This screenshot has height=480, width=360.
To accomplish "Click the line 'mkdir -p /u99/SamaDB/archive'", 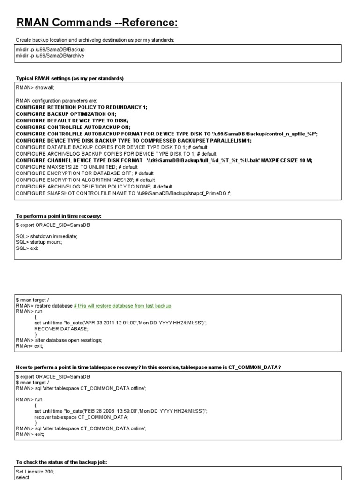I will click(x=51, y=56).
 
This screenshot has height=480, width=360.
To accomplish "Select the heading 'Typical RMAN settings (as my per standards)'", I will click(x=70, y=78).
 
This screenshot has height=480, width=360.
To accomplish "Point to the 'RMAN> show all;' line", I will click(x=36, y=87).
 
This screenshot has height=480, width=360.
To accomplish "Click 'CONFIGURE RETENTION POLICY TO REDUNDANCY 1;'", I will click(x=82, y=107).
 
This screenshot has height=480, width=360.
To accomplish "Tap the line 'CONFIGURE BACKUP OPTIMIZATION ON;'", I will click(x=66, y=114).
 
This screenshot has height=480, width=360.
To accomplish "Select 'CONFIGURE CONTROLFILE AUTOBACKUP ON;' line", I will click(x=73, y=127).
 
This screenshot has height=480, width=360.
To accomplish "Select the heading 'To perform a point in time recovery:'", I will click(x=59, y=216).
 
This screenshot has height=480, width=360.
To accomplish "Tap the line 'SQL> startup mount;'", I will click(x=39, y=242).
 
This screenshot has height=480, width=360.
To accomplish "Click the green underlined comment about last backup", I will click(x=123, y=306).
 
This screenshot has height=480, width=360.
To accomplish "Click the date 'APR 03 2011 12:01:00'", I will click(x=108, y=323).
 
